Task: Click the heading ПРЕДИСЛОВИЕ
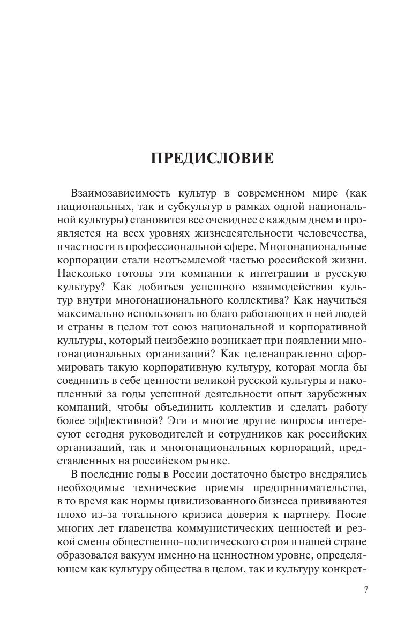click(x=212, y=159)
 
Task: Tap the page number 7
click(x=366, y=590)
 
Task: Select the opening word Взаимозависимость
click(x=118, y=193)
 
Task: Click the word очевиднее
click(x=220, y=220)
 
